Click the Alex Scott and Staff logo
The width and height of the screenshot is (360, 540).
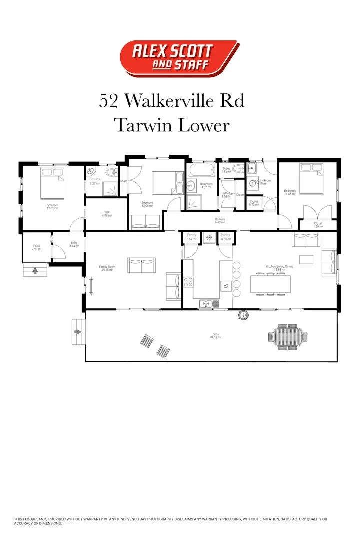click(x=179, y=59)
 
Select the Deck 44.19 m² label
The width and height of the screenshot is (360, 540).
click(x=216, y=336)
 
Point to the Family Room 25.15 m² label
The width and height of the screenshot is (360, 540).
click(x=107, y=269)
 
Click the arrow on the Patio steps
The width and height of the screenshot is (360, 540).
click(x=35, y=271)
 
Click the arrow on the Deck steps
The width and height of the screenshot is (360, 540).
click(x=77, y=331)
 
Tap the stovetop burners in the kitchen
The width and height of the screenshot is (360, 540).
click(x=188, y=282)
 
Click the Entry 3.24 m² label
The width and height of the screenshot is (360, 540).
click(x=74, y=244)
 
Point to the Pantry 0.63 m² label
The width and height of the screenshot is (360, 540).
click(x=226, y=237)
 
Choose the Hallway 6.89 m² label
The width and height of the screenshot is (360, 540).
click(x=220, y=220)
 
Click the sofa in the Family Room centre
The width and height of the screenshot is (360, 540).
click(x=142, y=265)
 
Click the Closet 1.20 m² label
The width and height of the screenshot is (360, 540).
click(x=318, y=225)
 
